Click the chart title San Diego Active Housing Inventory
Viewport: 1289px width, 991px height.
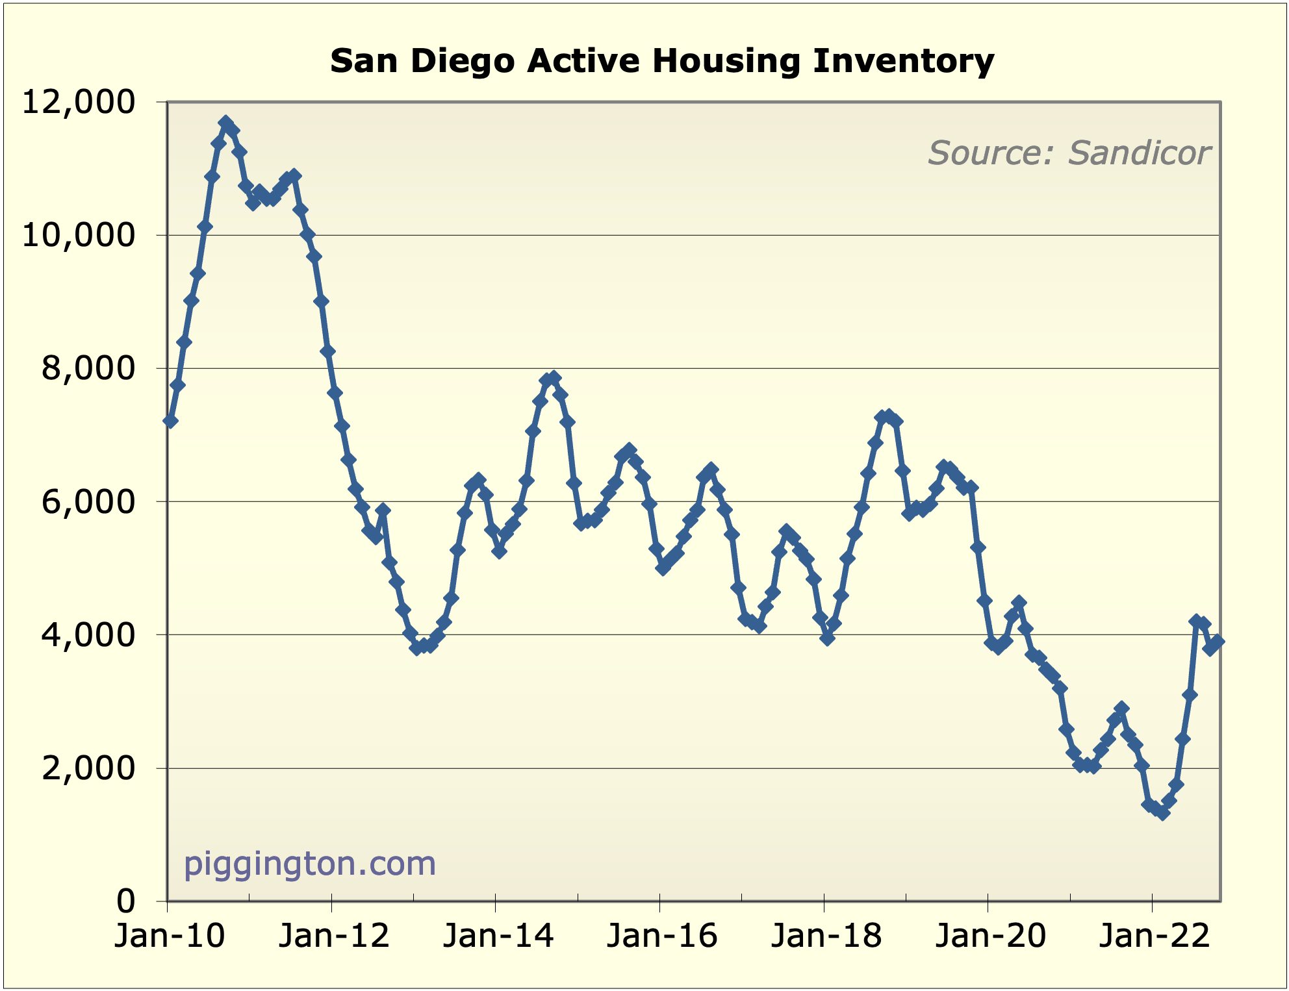pyautogui.click(x=661, y=61)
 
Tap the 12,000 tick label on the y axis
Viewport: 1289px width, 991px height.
pyautogui.click(x=79, y=103)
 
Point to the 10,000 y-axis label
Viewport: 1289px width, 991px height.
pyautogui.click(x=79, y=235)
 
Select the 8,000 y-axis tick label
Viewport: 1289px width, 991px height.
pyautogui.click(x=88, y=368)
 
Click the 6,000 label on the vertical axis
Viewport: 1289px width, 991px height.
pyautogui.click(x=88, y=501)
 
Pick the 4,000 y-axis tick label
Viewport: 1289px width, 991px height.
pyautogui.click(x=88, y=634)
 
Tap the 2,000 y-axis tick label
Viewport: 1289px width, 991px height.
pyautogui.click(x=88, y=768)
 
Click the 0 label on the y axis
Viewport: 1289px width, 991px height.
pyautogui.click(x=126, y=901)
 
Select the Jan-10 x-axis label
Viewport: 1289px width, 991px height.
pyautogui.click(x=170, y=936)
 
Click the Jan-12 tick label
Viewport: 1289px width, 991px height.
pyautogui.click(x=333, y=936)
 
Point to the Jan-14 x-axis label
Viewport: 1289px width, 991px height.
pyautogui.click(x=498, y=936)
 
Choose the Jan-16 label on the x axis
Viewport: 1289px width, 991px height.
pyautogui.click(x=661, y=936)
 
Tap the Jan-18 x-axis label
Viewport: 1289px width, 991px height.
pyautogui.click(x=826, y=936)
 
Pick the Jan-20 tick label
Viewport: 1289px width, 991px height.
pyautogui.click(x=990, y=936)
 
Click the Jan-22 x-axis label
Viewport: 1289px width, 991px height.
pyautogui.click(x=1154, y=936)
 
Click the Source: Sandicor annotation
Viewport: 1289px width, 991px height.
pyautogui.click(x=1069, y=153)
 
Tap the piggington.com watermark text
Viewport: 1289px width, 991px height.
pyautogui.click(x=309, y=864)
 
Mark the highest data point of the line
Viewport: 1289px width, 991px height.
pyautogui.click(x=225, y=122)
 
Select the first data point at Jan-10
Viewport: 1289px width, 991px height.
pyautogui.click(x=170, y=421)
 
